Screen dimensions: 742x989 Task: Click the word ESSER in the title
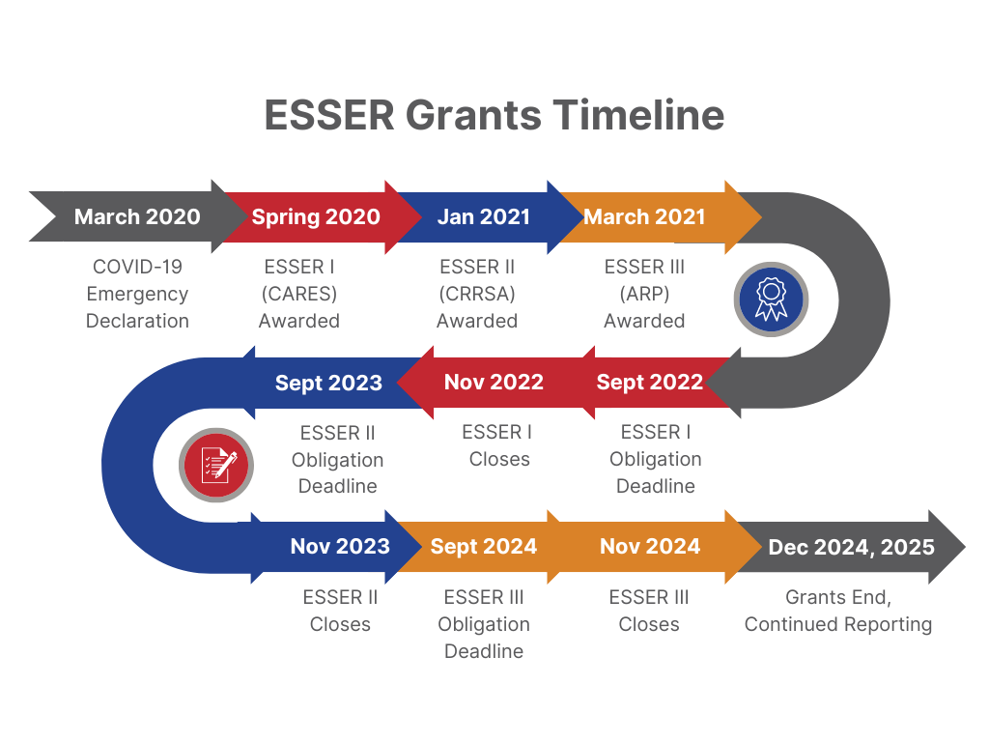[x=329, y=115]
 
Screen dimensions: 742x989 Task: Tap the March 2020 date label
[x=137, y=216]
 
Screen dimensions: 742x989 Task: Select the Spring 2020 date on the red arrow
[x=316, y=216]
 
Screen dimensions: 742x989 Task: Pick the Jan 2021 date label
[x=483, y=216]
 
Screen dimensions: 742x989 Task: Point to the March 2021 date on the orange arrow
[x=644, y=216]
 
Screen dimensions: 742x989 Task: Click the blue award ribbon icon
[x=770, y=299]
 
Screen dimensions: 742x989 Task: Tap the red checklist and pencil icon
[x=216, y=465]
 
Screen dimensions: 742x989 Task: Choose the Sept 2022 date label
[x=649, y=383]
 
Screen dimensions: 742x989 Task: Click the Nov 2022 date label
[x=494, y=383]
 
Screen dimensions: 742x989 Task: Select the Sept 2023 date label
[x=328, y=383]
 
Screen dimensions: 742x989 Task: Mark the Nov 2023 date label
[x=340, y=547]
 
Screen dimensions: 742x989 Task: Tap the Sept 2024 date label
[x=483, y=547]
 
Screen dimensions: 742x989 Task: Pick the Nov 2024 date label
[x=649, y=547]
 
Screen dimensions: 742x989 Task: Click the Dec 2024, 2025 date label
[x=851, y=548]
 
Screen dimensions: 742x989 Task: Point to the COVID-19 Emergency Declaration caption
[x=138, y=294]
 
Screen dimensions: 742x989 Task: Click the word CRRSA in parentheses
[x=477, y=294]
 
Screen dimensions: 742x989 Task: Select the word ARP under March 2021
[x=644, y=294]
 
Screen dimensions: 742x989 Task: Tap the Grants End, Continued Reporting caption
[x=838, y=611]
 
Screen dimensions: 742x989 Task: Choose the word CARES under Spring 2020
[x=299, y=294]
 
